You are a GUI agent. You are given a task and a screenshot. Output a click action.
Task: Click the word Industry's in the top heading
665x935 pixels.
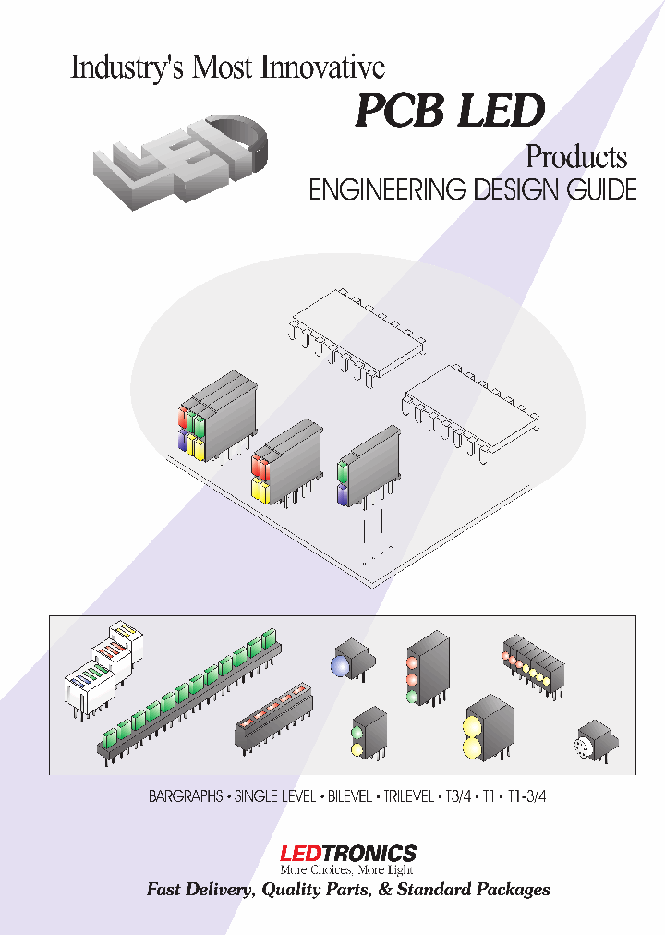coord(126,68)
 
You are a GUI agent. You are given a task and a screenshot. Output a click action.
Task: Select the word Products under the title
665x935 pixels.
coord(576,156)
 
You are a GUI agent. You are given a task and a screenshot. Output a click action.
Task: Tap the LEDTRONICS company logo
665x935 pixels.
coord(347,853)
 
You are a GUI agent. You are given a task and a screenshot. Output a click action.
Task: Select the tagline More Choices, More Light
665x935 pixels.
coord(347,869)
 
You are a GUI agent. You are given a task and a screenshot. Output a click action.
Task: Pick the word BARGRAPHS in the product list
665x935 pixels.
coord(187,795)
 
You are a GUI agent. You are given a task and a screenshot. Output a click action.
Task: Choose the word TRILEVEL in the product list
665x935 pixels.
coord(407,795)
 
